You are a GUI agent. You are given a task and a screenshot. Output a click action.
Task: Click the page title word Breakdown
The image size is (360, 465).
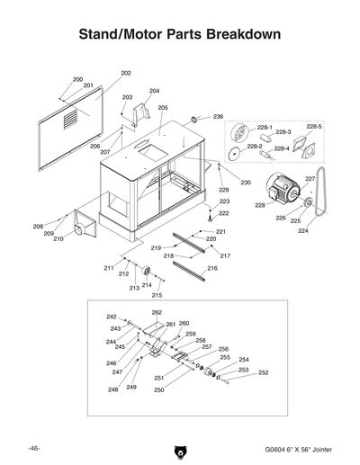237,33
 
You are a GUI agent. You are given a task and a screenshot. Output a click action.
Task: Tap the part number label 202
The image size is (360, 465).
126,73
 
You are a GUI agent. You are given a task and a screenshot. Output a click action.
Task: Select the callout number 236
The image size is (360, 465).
218,117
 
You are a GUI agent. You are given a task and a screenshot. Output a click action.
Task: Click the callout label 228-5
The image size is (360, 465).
313,127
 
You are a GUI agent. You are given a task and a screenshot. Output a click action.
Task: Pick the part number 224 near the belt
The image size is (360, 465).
302,230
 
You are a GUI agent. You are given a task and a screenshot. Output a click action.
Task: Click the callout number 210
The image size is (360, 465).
58,239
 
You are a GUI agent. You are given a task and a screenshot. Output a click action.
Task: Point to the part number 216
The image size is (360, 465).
212,268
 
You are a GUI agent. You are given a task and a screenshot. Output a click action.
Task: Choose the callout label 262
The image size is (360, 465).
157,313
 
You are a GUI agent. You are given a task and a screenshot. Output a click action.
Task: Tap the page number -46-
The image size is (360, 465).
33,448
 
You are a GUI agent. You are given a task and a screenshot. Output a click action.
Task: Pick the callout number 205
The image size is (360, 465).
163,108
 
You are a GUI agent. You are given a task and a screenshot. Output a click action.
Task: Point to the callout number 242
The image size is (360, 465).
112,317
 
